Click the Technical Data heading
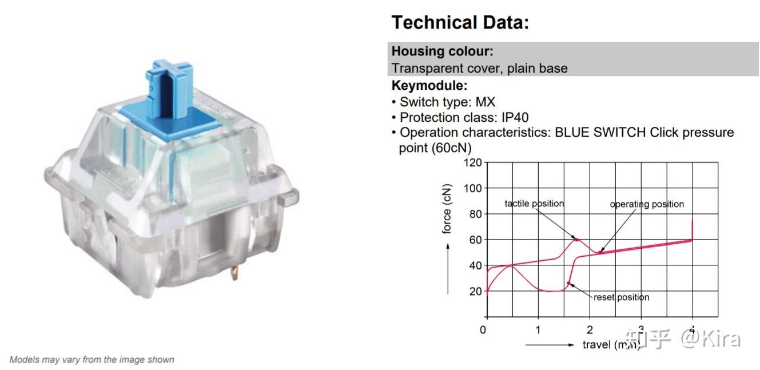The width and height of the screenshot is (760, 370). click(460, 22)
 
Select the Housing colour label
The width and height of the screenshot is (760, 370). click(443, 51)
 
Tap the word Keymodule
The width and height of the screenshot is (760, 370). click(429, 85)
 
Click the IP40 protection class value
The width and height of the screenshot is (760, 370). click(515, 117)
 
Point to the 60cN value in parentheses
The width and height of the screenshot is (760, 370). click(435, 148)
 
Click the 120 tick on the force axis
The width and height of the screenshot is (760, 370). click(472, 163)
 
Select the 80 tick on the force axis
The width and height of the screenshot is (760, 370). click(475, 214)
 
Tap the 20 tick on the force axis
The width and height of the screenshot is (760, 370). click(475, 291)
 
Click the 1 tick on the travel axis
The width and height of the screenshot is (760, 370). click(538, 330)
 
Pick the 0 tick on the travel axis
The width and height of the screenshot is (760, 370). click(483, 330)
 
